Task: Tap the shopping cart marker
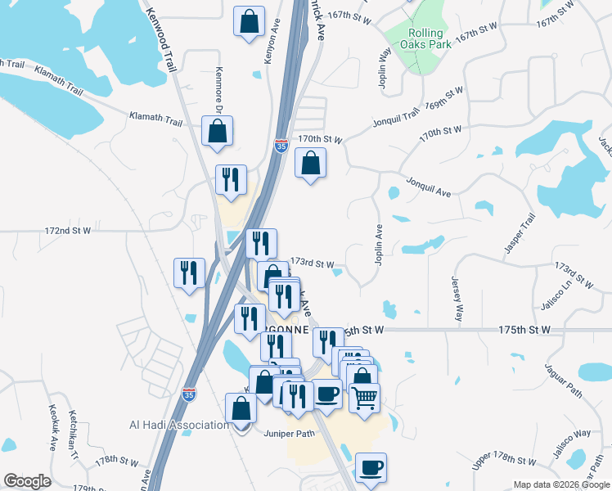(364, 398)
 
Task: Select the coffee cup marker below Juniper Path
(371, 467)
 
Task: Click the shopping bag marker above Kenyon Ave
(250, 21)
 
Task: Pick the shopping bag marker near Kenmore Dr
(217, 131)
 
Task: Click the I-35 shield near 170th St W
(281, 146)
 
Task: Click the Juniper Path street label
(290, 434)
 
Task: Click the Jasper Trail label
(520, 233)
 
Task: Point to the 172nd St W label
(68, 232)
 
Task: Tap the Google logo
(27, 481)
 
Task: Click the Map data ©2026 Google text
(560, 484)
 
